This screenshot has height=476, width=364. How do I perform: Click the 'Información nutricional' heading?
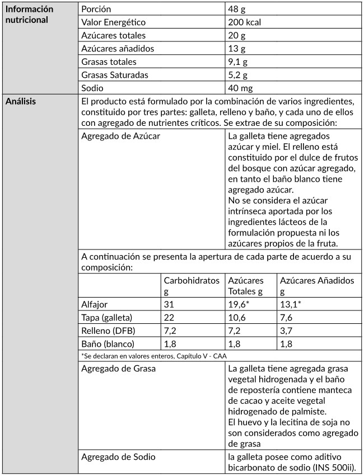pos(29,15)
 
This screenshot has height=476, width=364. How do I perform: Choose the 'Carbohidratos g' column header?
pos(192,285)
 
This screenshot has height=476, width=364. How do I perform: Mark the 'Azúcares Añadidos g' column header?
pos(317,285)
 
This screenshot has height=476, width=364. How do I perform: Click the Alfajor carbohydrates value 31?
pos(170,304)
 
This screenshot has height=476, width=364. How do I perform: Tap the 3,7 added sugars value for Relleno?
pos(287,330)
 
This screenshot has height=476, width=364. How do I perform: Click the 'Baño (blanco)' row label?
pos(108,343)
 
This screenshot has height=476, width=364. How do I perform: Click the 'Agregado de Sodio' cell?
pos(118,457)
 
